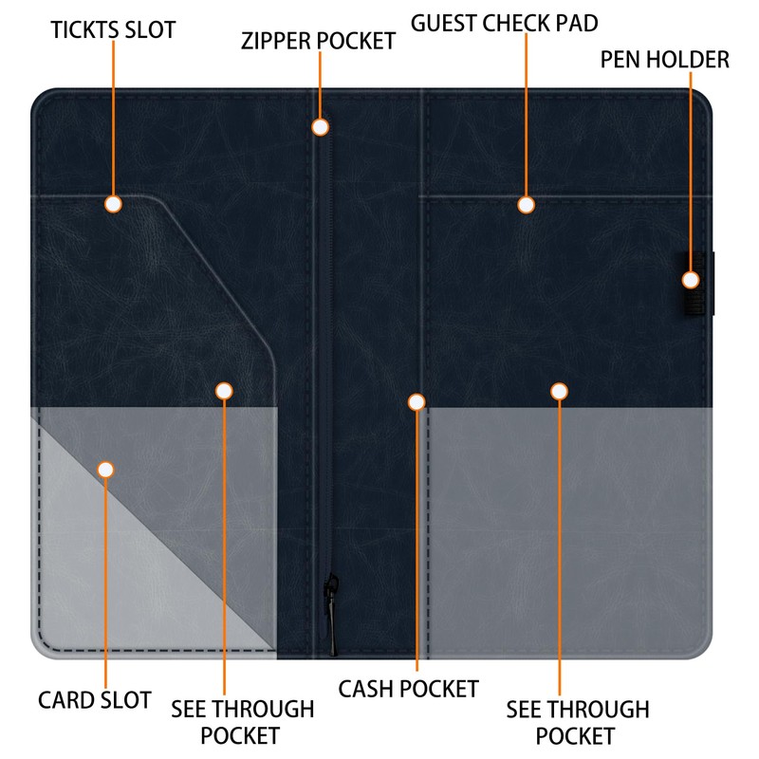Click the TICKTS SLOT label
(x=113, y=29)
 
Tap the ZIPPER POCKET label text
(x=318, y=41)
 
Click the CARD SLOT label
(x=95, y=700)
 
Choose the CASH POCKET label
(x=409, y=688)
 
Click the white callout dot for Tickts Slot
(x=113, y=204)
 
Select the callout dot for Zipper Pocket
(x=321, y=126)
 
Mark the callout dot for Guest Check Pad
(x=526, y=204)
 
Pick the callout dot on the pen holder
(x=691, y=280)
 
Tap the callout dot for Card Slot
(x=105, y=470)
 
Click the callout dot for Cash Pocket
(x=417, y=402)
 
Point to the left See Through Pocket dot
(x=224, y=391)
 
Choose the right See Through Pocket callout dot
(x=559, y=391)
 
